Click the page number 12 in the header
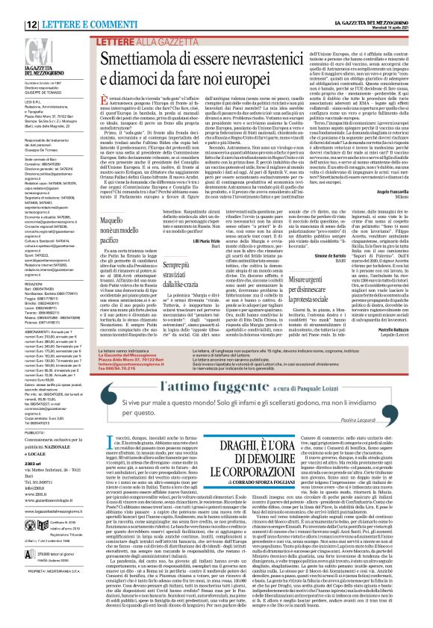point(13,7)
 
